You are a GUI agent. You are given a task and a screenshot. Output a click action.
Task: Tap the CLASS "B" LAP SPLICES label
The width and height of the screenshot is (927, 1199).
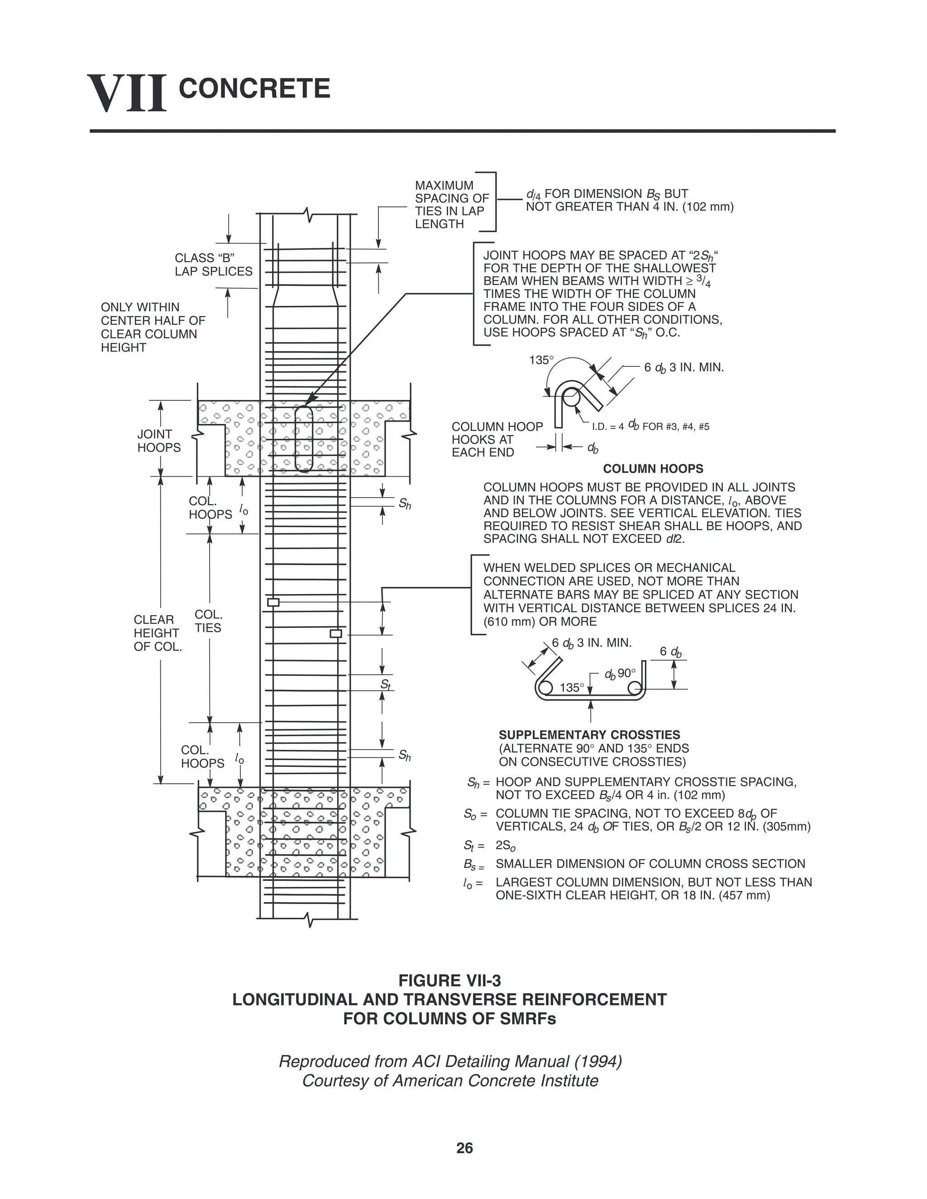pyautogui.click(x=214, y=265)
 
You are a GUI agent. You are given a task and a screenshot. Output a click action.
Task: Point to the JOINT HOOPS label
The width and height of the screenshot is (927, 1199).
pyautogui.click(x=159, y=441)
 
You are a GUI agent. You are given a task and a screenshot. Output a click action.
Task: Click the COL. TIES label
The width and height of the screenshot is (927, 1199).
pyautogui.click(x=208, y=621)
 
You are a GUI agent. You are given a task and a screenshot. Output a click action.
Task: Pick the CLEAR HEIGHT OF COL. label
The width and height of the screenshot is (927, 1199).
pyautogui.click(x=157, y=633)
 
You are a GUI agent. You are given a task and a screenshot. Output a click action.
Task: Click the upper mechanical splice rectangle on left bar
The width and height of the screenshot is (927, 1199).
pyautogui.click(x=273, y=602)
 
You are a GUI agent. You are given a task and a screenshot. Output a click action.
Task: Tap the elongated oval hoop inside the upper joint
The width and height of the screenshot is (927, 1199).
pyautogui.click(x=304, y=438)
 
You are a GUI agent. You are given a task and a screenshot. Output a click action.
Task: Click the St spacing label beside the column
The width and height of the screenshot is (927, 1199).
pyautogui.click(x=386, y=685)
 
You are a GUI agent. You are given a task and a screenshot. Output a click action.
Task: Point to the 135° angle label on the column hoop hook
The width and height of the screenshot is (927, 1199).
pyautogui.click(x=541, y=361)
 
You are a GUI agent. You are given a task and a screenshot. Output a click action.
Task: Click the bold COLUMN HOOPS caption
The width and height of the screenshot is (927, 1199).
pyautogui.click(x=653, y=469)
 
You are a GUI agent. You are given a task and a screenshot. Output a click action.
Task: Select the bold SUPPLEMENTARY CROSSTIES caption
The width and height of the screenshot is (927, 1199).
pyautogui.click(x=589, y=734)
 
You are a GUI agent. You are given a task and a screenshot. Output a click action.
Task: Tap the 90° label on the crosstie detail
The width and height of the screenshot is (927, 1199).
pyautogui.click(x=626, y=673)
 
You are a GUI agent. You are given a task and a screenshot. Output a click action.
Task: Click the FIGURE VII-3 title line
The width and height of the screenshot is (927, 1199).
pyautogui.click(x=450, y=980)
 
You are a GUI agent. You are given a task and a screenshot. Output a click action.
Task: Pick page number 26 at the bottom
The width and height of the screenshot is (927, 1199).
pyautogui.click(x=464, y=1148)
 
